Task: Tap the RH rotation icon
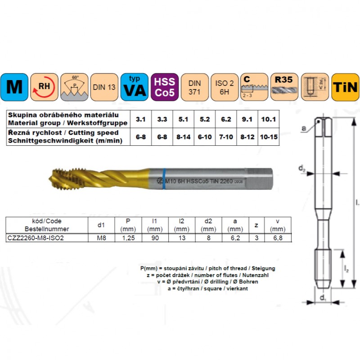45,87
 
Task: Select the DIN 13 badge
104,87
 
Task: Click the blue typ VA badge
135,87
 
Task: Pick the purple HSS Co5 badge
165,87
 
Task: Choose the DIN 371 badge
194,87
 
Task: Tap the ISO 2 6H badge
225,87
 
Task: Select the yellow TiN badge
345,87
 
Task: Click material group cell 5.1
183,120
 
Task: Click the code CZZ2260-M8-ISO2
35,238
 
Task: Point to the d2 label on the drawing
302,168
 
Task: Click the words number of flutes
220,275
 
